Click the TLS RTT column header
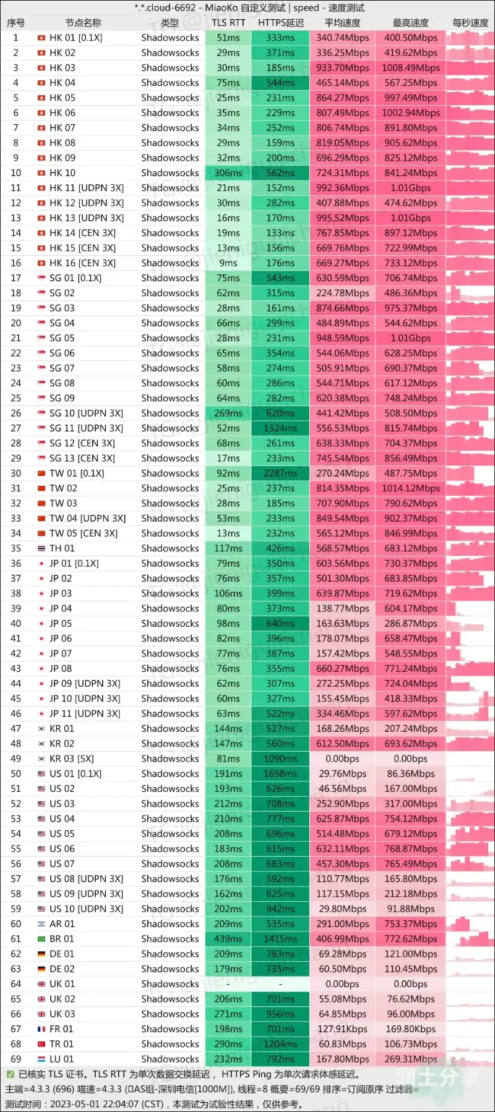pyautogui.click(x=228, y=23)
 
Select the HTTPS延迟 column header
pyautogui.click(x=280, y=23)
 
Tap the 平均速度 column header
pyautogui.click(x=342, y=23)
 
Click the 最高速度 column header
pyautogui.click(x=410, y=23)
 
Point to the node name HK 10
pyautogui.click(x=62, y=173)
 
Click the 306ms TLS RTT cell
pyautogui.click(x=228, y=173)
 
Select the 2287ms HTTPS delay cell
pyautogui.click(x=280, y=473)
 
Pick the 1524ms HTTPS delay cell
pyautogui.click(x=280, y=428)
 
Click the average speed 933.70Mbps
pyautogui.click(x=342, y=68)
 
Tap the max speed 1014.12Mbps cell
pyautogui.click(x=410, y=488)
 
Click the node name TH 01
pyautogui.click(x=62, y=548)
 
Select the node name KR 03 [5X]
pyautogui.click(x=72, y=758)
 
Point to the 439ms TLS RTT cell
pyautogui.click(x=228, y=939)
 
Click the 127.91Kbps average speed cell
pyautogui.click(x=342, y=1029)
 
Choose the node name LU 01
pyautogui.click(x=61, y=1059)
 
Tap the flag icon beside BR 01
pyautogui.click(x=41, y=939)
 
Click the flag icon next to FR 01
pyautogui.click(x=41, y=1029)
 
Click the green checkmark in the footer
pyautogui.click(x=10, y=1075)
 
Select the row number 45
pyautogui.click(x=16, y=698)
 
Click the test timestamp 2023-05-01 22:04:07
pyautogui.click(x=106, y=1104)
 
